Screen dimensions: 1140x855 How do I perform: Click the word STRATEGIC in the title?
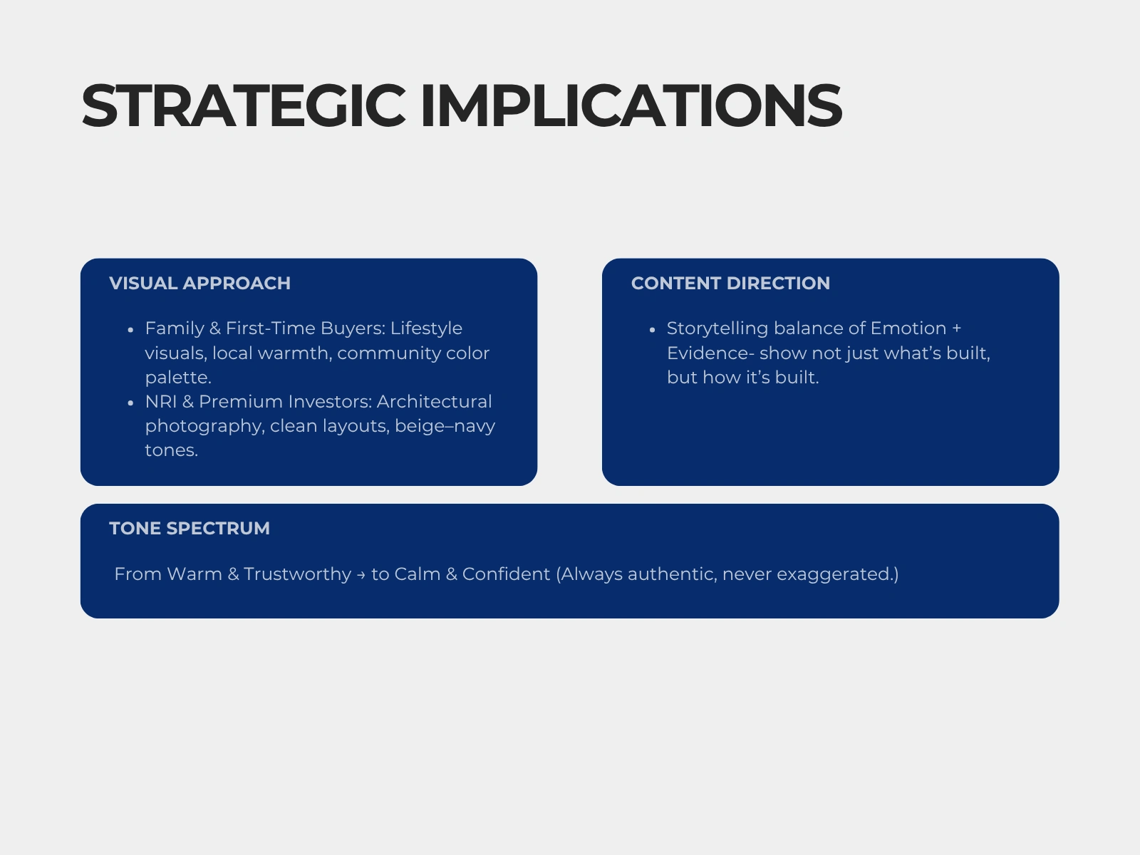[x=244, y=105]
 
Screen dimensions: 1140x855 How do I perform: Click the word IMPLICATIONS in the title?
[x=631, y=105]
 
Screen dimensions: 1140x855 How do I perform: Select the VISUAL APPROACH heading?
[x=200, y=284]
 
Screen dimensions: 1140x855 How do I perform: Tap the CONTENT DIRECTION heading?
[x=730, y=284]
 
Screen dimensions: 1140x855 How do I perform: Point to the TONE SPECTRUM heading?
[x=190, y=529]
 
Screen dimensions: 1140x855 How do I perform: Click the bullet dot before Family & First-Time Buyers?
[x=130, y=330]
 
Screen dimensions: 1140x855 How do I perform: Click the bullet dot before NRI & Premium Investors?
[x=130, y=403]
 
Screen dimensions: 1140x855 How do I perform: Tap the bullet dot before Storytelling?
[x=653, y=330]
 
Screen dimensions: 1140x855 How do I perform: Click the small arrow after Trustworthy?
[x=361, y=575]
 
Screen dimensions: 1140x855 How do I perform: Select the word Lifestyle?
[x=426, y=328]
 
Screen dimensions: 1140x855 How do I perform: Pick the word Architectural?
[x=434, y=401]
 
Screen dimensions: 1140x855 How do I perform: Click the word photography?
[x=204, y=426]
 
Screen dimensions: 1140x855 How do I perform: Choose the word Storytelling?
[x=717, y=328]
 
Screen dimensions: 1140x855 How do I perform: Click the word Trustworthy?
[x=297, y=574]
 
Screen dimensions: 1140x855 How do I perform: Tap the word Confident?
[x=506, y=574]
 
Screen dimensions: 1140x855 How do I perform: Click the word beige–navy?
[x=445, y=426]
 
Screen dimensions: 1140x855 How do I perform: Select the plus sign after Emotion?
[x=957, y=328]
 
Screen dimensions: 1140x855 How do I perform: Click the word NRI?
[x=161, y=401]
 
